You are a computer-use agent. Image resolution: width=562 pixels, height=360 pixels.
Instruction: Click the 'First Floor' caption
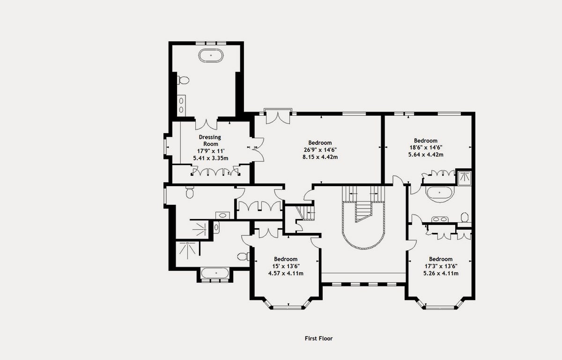pyautogui.click(x=318, y=338)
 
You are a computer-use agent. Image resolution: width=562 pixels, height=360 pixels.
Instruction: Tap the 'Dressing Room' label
pyautogui.click(x=209, y=141)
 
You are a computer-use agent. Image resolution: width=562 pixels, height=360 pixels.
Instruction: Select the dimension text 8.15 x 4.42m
pyautogui.click(x=320, y=157)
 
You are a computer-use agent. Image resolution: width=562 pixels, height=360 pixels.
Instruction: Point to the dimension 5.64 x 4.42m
pyautogui.click(x=425, y=155)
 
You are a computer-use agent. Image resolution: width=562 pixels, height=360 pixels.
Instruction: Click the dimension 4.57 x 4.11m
pyautogui.click(x=285, y=273)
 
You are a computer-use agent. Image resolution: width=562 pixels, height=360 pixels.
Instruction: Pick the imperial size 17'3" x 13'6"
pyautogui.click(x=440, y=266)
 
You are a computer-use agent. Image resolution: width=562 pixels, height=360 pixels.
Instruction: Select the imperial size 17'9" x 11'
pyautogui.click(x=210, y=151)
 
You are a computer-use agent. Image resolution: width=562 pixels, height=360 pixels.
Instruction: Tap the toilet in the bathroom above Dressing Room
pyautogui.click(x=183, y=81)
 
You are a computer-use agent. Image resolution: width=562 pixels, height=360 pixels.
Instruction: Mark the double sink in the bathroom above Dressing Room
pyautogui.click(x=181, y=104)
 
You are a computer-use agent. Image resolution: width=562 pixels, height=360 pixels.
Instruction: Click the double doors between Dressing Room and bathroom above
pyautogui.click(x=206, y=124)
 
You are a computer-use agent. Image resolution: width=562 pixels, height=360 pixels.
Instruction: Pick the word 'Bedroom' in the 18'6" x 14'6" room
pyautogui.click(x=425, y=141)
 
